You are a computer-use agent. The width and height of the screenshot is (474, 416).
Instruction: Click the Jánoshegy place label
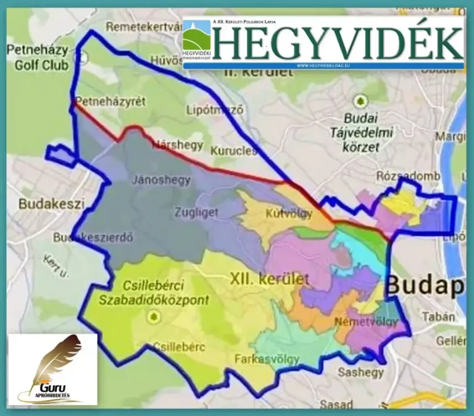[x=160, y=180]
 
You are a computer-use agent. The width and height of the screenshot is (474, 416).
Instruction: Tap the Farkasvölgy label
[x=267, y=359]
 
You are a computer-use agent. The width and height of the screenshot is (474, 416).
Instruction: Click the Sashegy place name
[x=360, y=372]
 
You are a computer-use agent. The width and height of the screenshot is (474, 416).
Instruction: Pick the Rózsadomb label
[x=408, y=176]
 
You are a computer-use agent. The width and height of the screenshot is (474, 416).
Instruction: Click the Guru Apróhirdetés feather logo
[x=52, y=369]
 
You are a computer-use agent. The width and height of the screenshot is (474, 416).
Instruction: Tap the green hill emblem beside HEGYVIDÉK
[x=196, y=37]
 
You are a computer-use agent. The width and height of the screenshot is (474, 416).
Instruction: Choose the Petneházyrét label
[x=109, y=101]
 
